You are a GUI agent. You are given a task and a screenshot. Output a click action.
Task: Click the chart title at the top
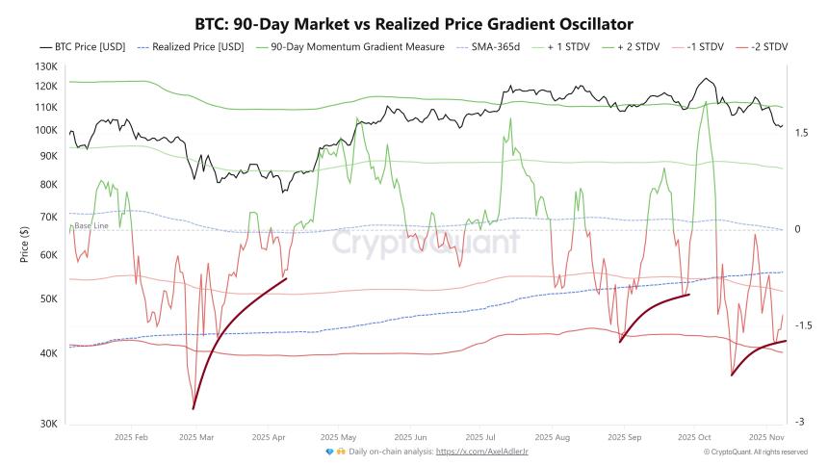(x=414, y=23)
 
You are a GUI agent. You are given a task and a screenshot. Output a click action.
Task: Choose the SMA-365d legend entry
(x=502, y=46)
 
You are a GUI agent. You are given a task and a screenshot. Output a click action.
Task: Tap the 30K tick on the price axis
(x=47, y=424)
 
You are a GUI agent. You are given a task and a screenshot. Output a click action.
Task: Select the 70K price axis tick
(x=47, y=218)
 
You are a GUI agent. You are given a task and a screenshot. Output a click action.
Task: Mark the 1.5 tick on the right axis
(x=800, y=133)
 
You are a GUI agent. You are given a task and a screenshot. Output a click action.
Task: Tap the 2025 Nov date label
(x=764, y=435)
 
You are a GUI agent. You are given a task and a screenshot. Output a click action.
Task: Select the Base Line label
(x=91, y=225)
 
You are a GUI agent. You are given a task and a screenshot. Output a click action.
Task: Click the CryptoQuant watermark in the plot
(x=427, y=243)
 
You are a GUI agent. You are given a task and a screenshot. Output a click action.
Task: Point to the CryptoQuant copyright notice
(x=755, y=451)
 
